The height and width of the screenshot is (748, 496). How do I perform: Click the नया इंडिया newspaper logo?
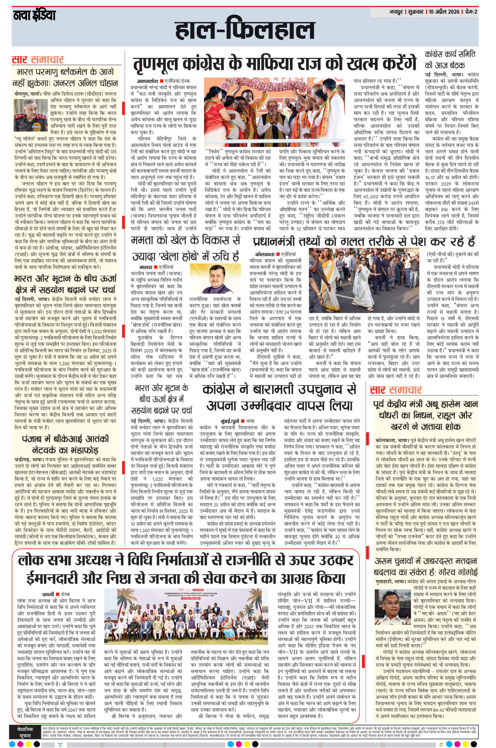click(34, 15)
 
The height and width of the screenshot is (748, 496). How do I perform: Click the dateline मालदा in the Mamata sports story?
click(146, 266)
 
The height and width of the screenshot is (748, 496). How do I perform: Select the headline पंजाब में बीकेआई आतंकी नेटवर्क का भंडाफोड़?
click(65, 445)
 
